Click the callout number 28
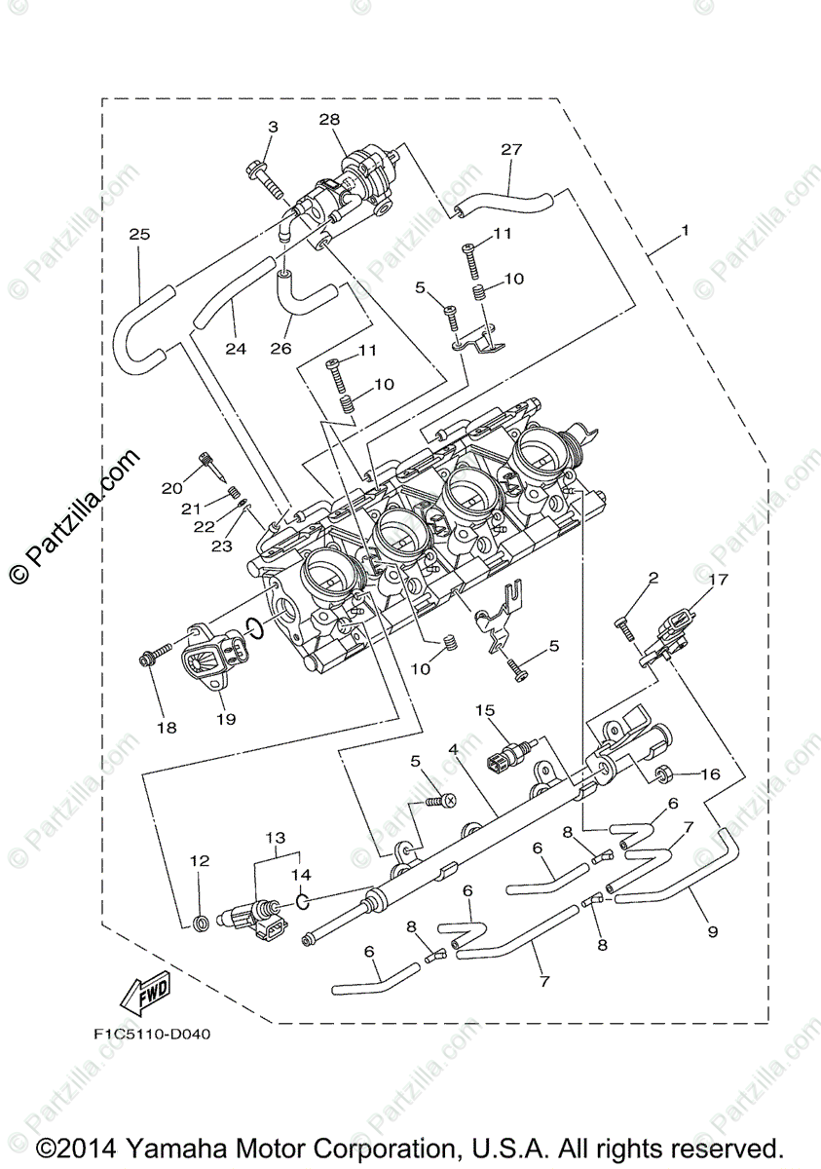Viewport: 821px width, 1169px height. tap(330, 119)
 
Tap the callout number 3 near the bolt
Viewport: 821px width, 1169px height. tap(273, 127)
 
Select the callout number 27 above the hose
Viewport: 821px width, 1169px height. tap(511, 149)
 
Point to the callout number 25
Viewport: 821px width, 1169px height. tap(139, 235)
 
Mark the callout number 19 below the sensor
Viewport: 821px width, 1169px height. tap(226, 719)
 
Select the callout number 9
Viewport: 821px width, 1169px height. tap(712, 931)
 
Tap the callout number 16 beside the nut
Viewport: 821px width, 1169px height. tap(709, 774)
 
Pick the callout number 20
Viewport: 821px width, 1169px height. tap(172, 488)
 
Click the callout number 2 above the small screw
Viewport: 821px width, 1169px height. tap(653, 578)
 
